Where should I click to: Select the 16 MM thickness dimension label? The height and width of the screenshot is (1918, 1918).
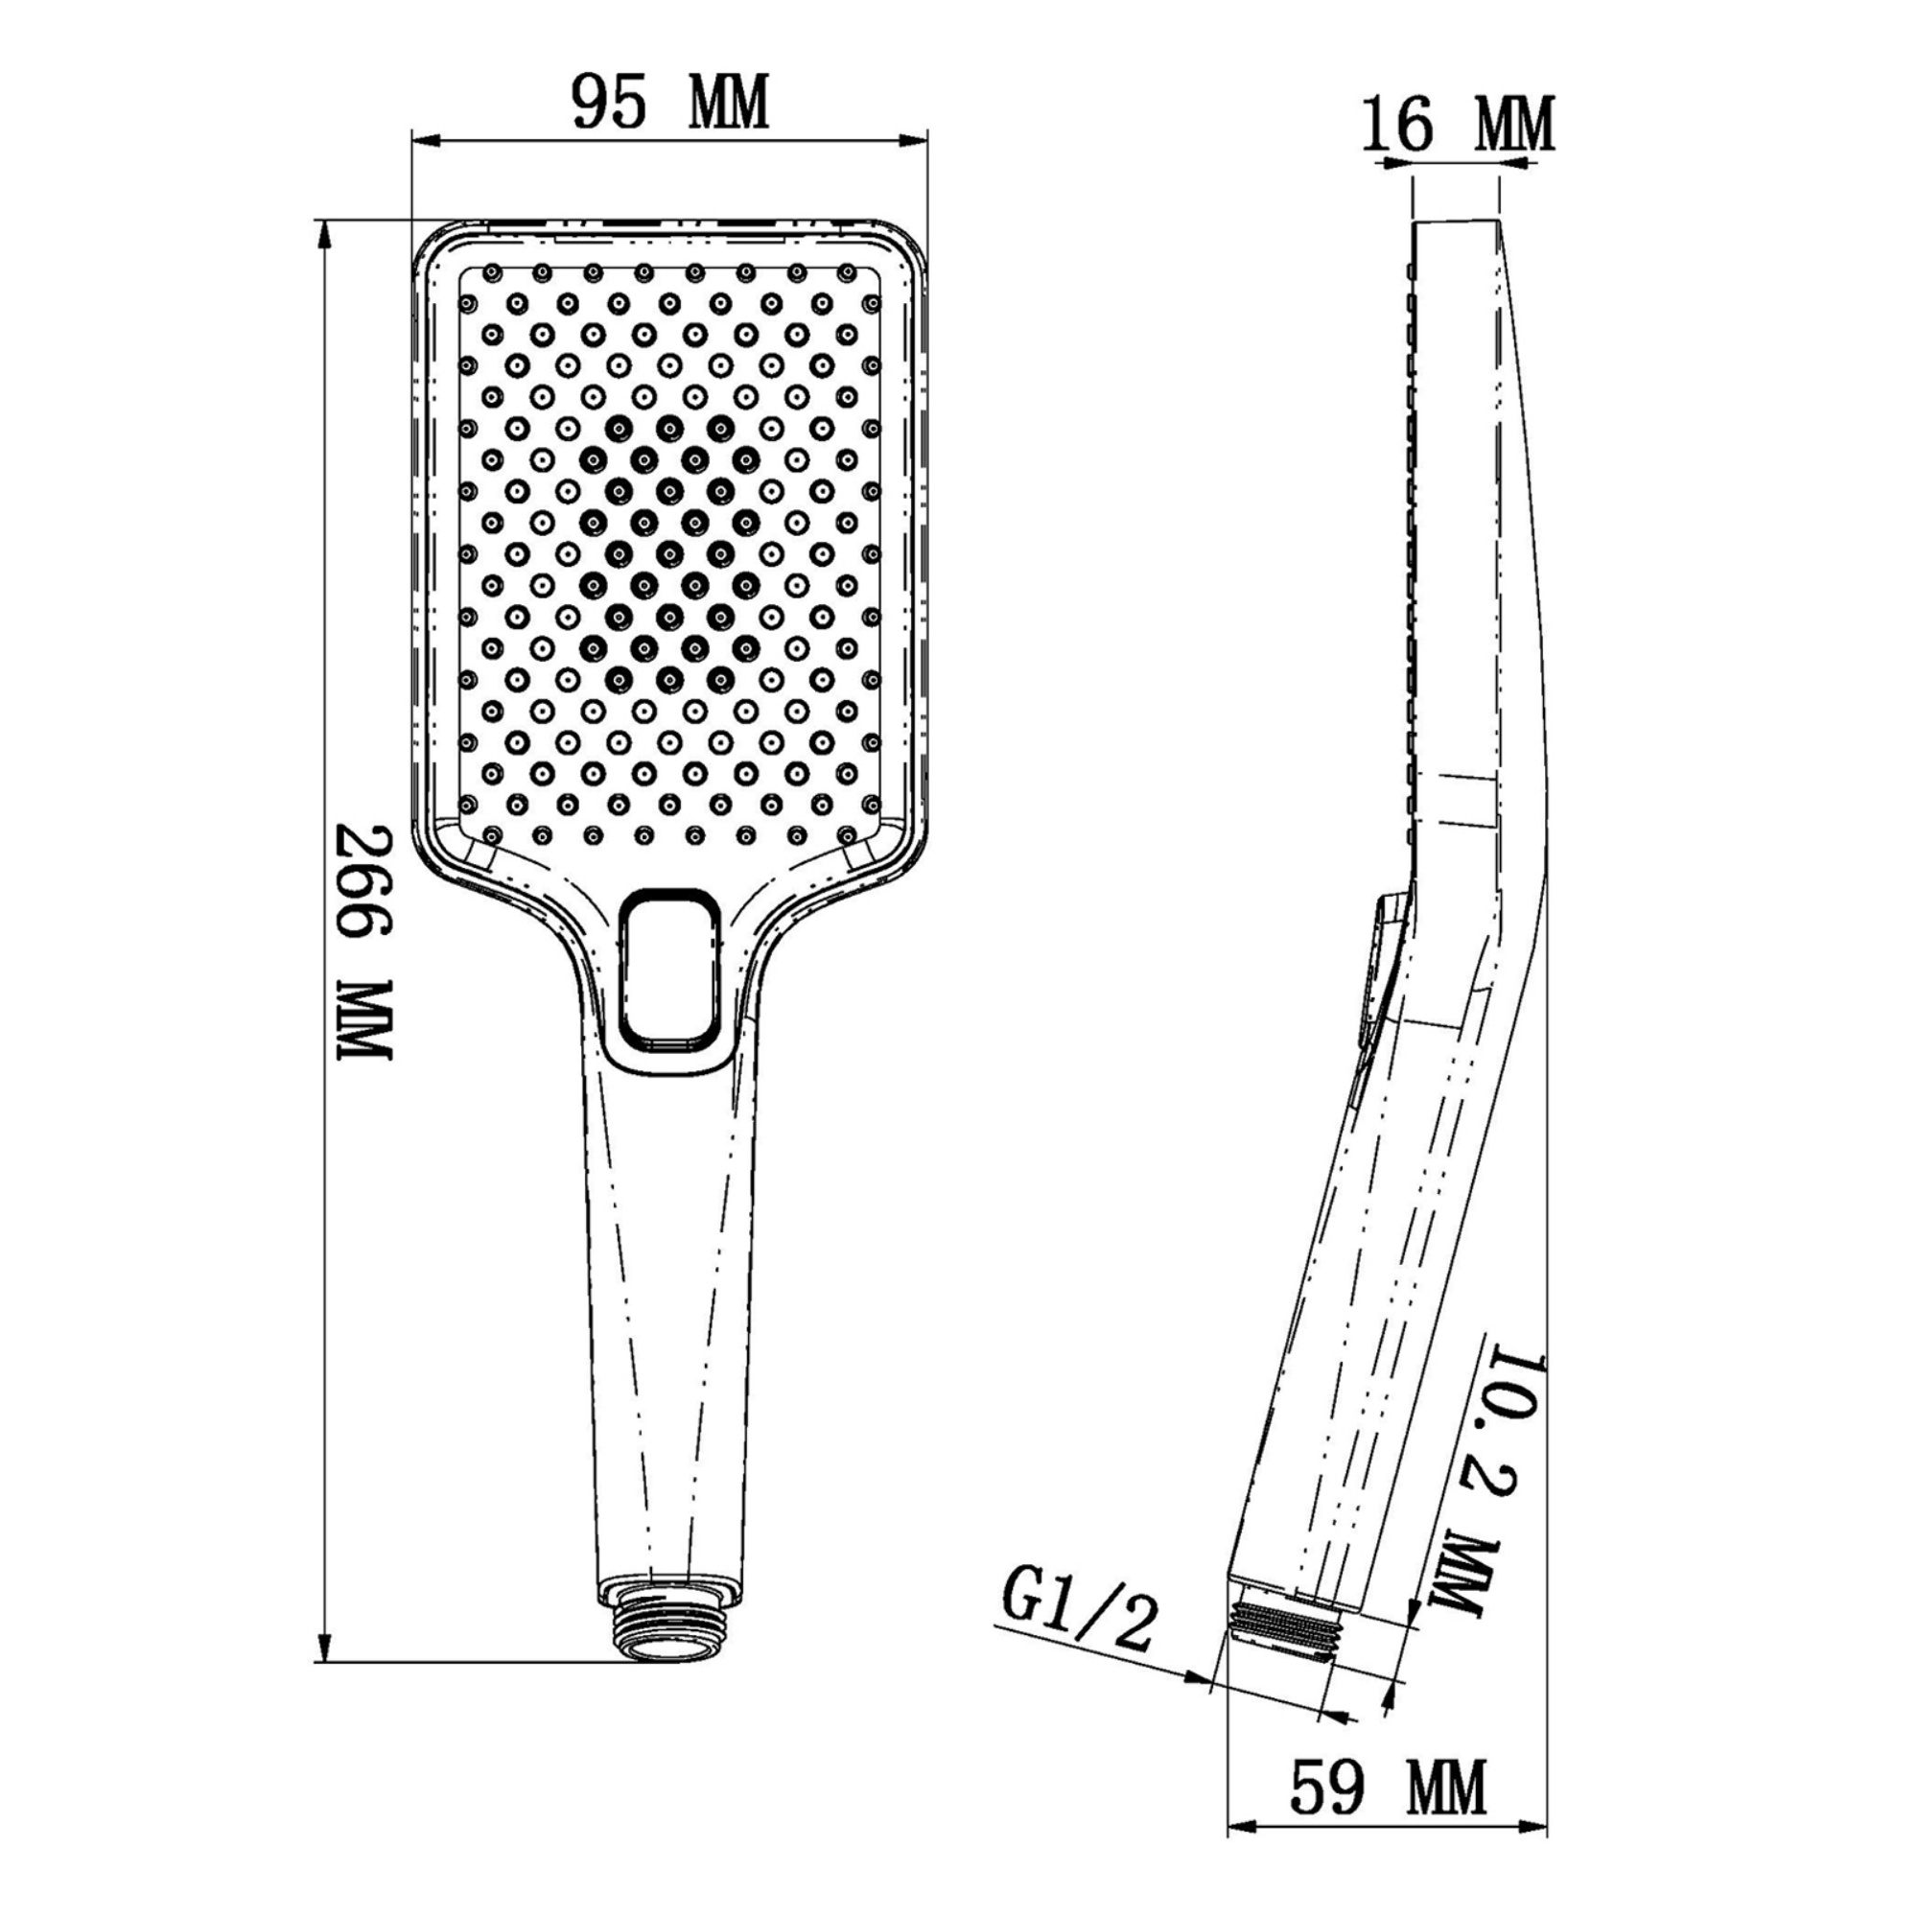1458,125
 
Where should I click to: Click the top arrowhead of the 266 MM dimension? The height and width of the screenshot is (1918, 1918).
321,234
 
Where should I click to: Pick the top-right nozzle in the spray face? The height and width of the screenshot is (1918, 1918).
847,271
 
